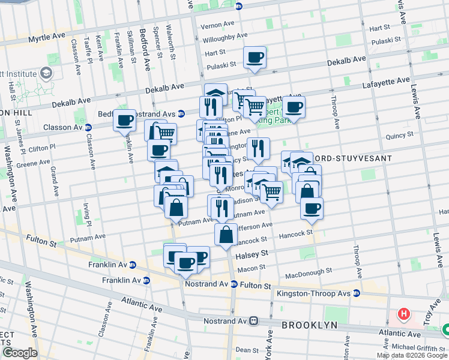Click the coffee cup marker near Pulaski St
point(255,58)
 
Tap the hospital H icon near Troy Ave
point(404,314)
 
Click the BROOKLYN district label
point(310,325)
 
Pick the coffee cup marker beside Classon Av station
point(124,120)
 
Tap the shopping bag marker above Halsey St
point(226,235)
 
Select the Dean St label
point(247,349)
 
